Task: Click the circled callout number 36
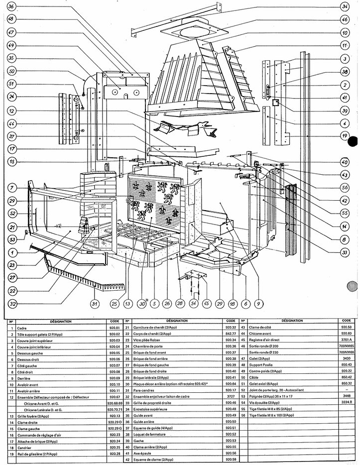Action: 11,6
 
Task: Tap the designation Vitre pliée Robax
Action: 151,341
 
